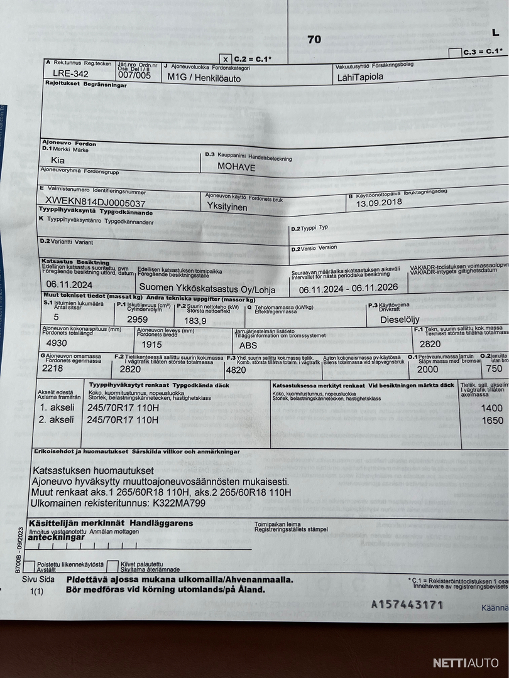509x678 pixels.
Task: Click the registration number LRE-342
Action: (x=70, y=73)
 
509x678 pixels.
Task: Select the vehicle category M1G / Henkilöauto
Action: (x=204, y=77)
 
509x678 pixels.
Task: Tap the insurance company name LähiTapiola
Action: (x=359, y=77)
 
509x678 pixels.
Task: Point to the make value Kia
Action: (x=58, y=161)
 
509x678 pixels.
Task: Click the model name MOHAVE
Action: (x=238, y=166)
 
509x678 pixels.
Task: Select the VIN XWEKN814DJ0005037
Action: (x=96, y=202)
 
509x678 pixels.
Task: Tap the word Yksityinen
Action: (x=227, y=206)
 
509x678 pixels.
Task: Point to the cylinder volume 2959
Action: (x=137, y=319)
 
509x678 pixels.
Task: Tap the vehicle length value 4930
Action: (x=57, y=343)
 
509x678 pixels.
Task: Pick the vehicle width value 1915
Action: (x=151, y=344)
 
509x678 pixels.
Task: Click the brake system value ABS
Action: (x=248, y=345)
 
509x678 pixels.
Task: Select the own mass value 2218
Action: (x=53, y=369)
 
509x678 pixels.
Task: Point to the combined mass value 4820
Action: (x=236, y=370)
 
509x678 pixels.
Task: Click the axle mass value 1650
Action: (x=492, y=420)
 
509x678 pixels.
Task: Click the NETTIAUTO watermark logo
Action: (x=465, y=663)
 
